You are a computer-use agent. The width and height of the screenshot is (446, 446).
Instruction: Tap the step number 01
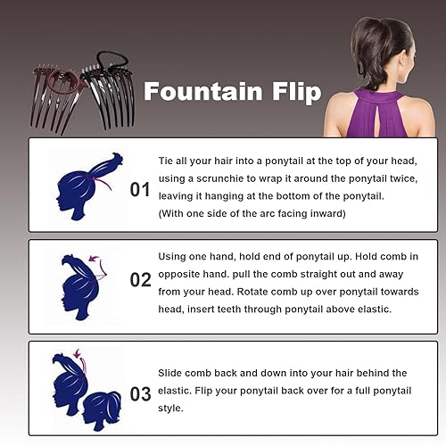point(141,189)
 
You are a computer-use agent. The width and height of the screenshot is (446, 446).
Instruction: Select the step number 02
point(141,280)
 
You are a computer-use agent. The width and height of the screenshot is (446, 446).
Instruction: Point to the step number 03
point(141,393)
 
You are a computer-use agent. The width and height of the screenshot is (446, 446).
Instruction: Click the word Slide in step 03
point(172,372)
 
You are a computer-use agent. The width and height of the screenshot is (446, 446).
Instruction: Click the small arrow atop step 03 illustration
point(76,354)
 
